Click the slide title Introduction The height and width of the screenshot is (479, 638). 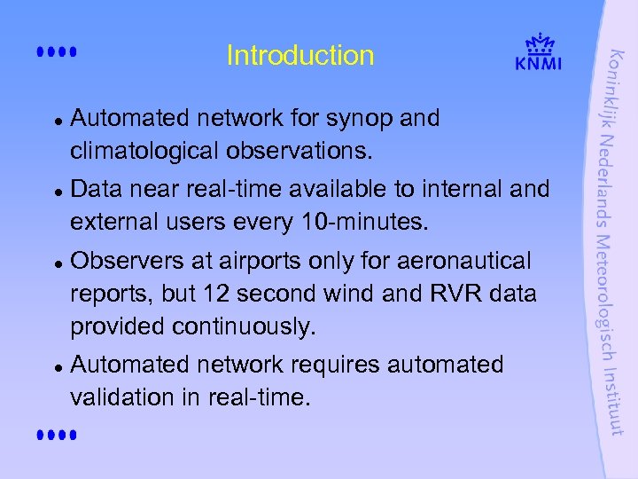pyautogui.click(x=300, y=56)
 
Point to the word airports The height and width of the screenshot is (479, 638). pyautogui.click(x=259, y=261)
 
